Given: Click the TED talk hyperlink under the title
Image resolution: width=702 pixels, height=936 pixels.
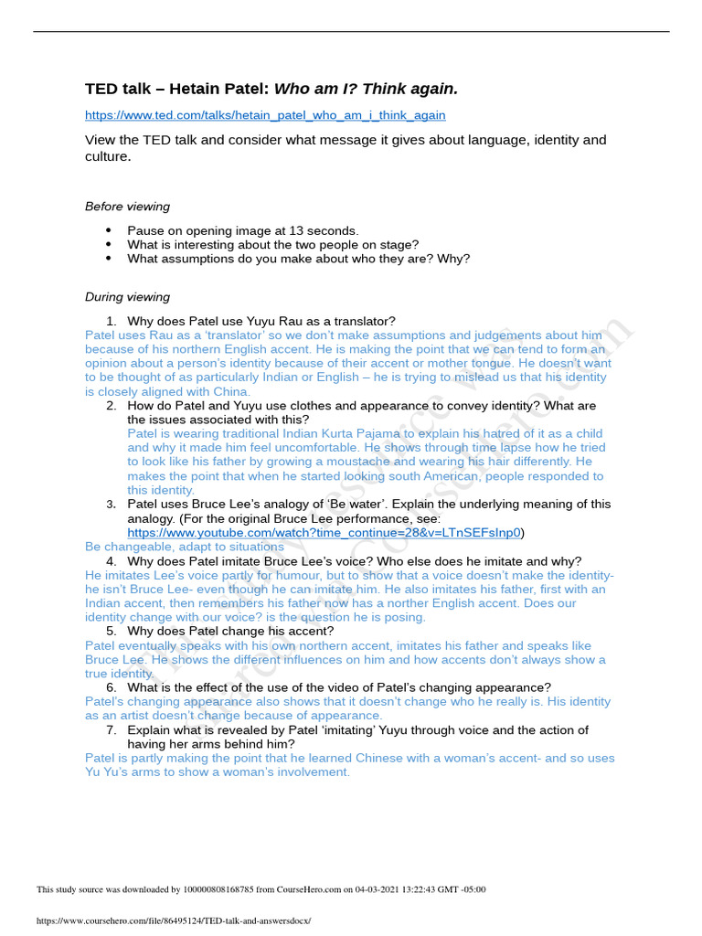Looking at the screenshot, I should [265, 115].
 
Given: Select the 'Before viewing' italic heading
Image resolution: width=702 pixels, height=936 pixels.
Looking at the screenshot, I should [127, 207].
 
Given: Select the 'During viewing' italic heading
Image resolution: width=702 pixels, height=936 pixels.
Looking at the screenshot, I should [127, 297].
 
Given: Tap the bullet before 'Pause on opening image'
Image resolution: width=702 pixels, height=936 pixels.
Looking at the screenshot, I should [108, 231].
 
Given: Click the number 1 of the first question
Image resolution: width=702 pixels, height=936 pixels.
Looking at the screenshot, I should [111, 321].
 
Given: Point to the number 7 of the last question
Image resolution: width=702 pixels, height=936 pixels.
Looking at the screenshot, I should [111, 730].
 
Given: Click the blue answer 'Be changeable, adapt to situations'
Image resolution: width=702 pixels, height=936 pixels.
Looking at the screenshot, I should [184, 547].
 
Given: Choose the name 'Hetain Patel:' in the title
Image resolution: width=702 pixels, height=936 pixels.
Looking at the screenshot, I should [228, 89].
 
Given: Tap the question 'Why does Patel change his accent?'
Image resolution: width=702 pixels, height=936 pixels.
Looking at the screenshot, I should [230, 631].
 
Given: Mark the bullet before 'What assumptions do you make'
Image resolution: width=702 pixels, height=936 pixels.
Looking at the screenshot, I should [108, 259].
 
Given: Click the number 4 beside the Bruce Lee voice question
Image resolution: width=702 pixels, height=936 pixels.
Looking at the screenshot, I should [111, 561].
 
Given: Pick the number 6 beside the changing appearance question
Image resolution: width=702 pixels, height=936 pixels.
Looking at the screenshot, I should [111, 687].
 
